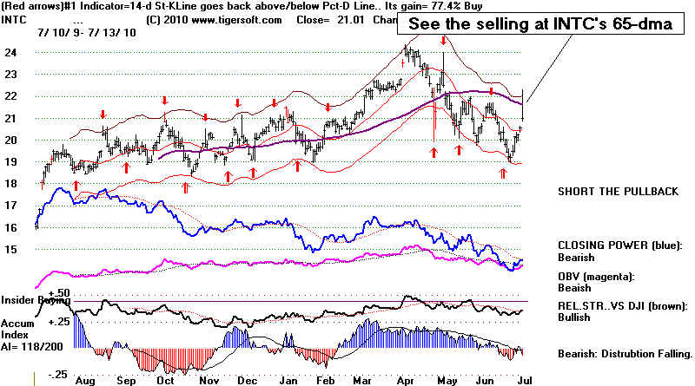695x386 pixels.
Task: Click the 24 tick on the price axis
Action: [10, 52]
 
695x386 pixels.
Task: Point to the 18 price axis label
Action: [10, 184]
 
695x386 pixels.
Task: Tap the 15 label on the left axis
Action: [10, 250]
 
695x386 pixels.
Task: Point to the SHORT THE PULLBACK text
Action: [618, 193]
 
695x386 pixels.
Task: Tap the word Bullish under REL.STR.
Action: [575, 317]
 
